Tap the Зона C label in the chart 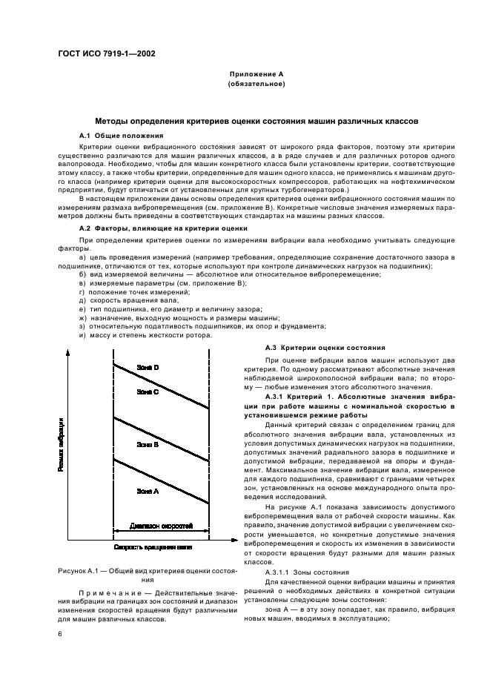pyautogui.click(x=148, y=392)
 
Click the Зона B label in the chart pyautogui.click(x=148, y=443)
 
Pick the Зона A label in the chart pyautogui.click(x=148, y=491)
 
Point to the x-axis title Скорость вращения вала pyautogui.click(x=153, y=546)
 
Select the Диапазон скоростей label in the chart pyautogui.click(x=161, y=526)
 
